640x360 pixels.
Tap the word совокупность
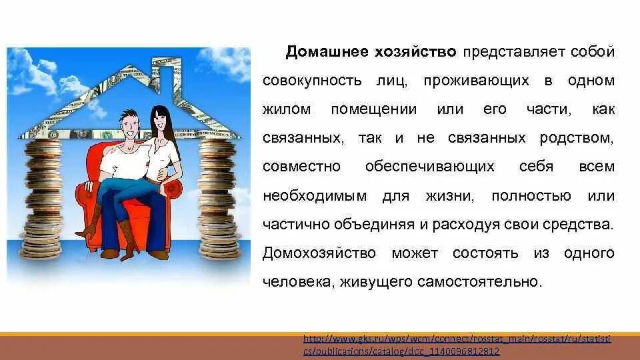(312, 81)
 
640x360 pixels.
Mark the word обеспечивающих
(430, 167)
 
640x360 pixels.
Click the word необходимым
(315, 196)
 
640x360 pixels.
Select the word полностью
(531, 196)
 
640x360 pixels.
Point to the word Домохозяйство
(319, 253)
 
